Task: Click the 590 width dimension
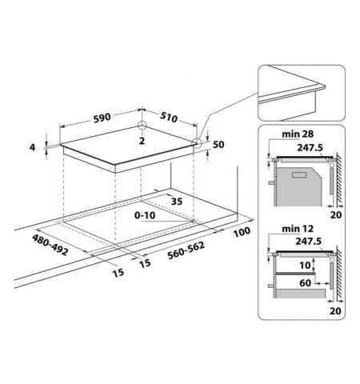pyautogui.click(x=102, y=118)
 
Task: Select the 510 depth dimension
pyautogui.click(x=169, y=117)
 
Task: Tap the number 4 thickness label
pyautogui.click(x=32, y=147)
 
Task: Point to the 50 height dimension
pyautogui.click(x=218, y=145)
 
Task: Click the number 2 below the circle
pyautogui.click(x=142, y=141)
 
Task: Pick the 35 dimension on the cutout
pyautogui.click(x=177, y=202)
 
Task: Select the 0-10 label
pyautogui.click(x=145, y=215)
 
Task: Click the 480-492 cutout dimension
pyautogui.click(x=50, y=245)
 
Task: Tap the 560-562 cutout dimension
pyautogui.click(x=186, y=250)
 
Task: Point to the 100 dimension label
pyautogui.click(x=242, y=232)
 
